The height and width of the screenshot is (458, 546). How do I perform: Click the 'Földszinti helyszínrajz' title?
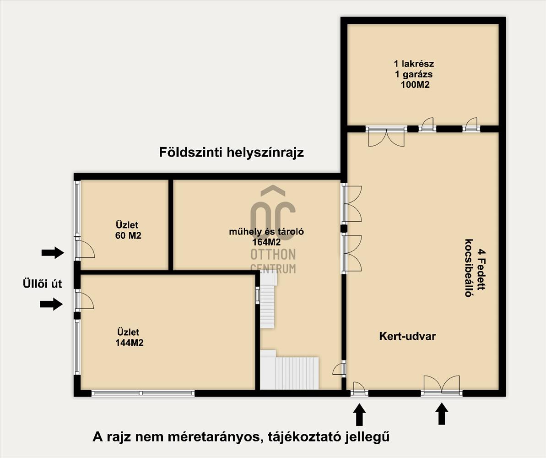click(x=232, y=153)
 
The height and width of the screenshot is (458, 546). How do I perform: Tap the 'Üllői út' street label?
click(x=42, y=284)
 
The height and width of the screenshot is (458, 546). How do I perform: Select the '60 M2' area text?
click(x=128, y=235)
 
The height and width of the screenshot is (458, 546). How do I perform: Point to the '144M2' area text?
click(x=129, y=343)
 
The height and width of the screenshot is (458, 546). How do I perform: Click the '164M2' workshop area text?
click(x=266, y=242)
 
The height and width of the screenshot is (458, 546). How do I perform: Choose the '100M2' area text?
click(x=415, y=84)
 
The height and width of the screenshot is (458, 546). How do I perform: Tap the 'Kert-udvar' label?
click(x=407, y=336)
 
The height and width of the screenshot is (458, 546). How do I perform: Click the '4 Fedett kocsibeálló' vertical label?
click(x=475, y=267)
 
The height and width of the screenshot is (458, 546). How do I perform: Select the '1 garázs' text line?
click(x=414, y=74)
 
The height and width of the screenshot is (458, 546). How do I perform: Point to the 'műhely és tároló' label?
click(x=266, y=231)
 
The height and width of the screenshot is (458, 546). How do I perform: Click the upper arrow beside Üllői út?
click(x=53, y=252)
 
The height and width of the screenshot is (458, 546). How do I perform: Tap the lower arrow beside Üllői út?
click(x=52, y=304)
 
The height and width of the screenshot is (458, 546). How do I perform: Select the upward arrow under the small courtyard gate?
click(x=359, y=414)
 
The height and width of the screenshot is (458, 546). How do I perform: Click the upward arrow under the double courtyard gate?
click(x=442, y=414)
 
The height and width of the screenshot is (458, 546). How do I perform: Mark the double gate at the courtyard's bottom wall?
click(x=442, y=386)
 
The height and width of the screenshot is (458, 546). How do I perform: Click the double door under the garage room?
click(x=386, y=136)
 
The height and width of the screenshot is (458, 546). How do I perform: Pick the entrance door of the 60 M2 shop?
click(x=85, y=249)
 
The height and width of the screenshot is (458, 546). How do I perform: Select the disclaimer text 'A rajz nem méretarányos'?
click(x=177, y=436)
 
